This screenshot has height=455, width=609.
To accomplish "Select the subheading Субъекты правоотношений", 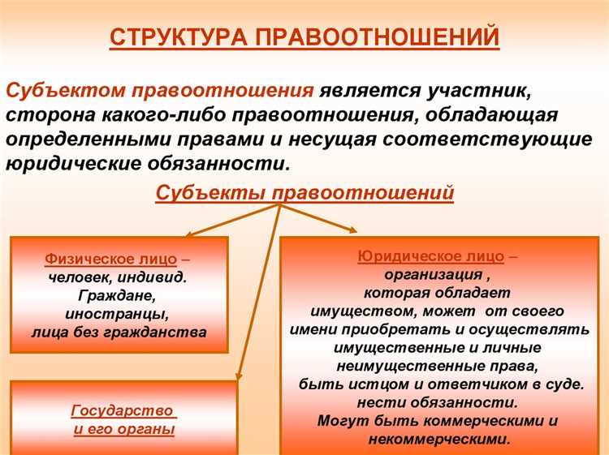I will point(304,193).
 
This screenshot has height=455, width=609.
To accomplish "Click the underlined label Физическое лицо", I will point(110,260).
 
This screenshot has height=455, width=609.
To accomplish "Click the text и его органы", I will point(123,430).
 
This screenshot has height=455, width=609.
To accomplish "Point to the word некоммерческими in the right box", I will point(438,439).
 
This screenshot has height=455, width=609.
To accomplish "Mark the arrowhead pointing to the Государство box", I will point(240,374).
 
